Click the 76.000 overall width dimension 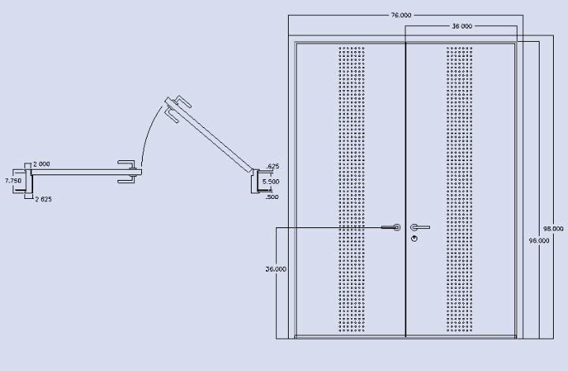[x=400, y=15]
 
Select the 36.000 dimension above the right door [x=461, y=26]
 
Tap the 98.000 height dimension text [x=552, y=228]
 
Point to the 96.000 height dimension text [x=539, y=240]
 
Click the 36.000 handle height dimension [x=275, y=269]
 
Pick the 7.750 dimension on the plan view [x=13, y=181]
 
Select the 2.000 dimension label [x=42, y=164]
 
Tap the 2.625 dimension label [x=43, y=199]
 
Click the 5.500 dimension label [x=271, y=182]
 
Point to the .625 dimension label [x=273, y=167]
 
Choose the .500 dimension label [x=272, y=197]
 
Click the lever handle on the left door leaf [x=390, y=227]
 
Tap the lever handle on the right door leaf [x=420, y=227]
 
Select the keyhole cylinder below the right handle [x=414, y=238]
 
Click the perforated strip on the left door [x=352, y=189]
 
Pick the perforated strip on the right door [x=460, y=189]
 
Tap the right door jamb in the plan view [x=257, y=183]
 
